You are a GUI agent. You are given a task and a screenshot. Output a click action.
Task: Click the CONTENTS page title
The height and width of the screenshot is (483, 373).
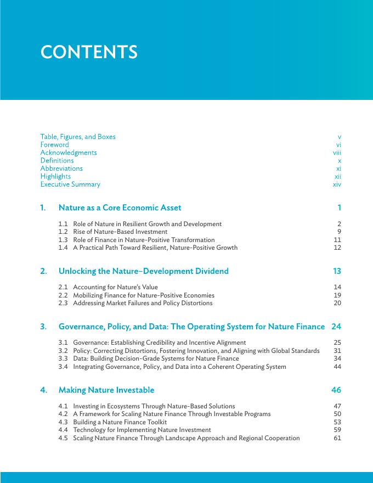[x=89, y=52]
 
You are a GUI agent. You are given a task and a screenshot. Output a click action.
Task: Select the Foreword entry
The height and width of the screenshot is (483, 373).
[x=54, y=145]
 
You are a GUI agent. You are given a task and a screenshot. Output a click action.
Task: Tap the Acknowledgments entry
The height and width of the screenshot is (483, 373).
[x=68, y=153]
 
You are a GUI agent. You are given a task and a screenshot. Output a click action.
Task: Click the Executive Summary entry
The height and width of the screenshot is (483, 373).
[x=70, y=184]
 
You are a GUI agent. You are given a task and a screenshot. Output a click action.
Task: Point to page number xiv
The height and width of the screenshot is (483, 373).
[x=337, y=184]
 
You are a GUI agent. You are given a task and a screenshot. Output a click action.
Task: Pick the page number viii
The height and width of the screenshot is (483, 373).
[x=337, y=153]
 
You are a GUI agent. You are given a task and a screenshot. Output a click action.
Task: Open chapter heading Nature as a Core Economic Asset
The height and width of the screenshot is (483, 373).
[x=120, y=207]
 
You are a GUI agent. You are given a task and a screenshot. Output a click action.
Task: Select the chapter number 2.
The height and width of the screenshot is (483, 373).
[x=43, y=271]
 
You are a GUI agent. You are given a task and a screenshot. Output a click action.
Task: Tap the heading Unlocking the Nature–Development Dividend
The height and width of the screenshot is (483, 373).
[x=143, y=271]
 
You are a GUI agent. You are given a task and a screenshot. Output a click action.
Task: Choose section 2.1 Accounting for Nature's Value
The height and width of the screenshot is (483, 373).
[x=115, y=287]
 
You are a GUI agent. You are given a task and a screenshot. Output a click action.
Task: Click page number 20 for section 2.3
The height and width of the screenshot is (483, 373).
[x=337, y=303]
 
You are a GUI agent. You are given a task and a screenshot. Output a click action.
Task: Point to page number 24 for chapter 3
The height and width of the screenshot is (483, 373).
[x=336, y=327]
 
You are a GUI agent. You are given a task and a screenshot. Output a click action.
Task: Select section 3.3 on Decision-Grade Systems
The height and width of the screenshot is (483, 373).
[x=156, y=358]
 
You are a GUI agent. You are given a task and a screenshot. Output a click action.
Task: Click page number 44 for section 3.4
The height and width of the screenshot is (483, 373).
[x=337, y=367]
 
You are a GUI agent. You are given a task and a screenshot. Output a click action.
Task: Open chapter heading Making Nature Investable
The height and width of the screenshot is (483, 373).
[x=106, y=390]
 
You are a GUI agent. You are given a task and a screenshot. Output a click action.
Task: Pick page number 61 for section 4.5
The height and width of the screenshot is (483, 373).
[x=337, y=438]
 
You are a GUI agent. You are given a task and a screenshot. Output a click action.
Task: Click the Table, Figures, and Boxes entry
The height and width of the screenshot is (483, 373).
[x=78, y=137]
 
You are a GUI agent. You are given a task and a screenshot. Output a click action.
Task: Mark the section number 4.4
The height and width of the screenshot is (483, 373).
[x=63, y=430]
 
